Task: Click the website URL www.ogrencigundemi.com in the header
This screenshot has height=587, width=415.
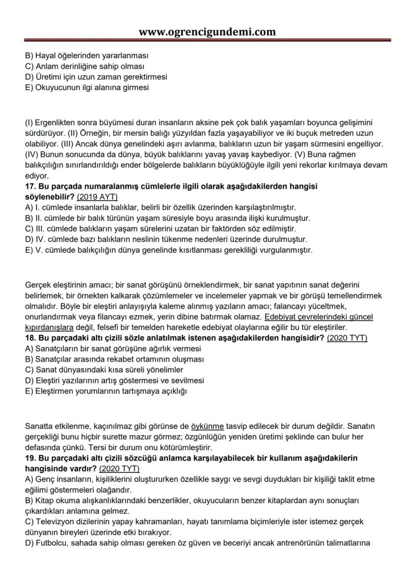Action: [x=207, y=32]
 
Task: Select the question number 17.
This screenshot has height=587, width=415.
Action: [x=31, y=186]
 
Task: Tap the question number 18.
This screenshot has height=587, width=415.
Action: [x=31, y=338]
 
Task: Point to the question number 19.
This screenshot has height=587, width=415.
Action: [x=31, y=458]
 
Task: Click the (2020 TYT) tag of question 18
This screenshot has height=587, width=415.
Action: [x=347, y=338]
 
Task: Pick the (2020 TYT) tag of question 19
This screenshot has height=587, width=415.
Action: [x=119, y=468]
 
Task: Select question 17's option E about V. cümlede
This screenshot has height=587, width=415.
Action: [x=168, y=250]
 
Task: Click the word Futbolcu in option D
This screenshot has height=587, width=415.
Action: [x=52, y=542]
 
